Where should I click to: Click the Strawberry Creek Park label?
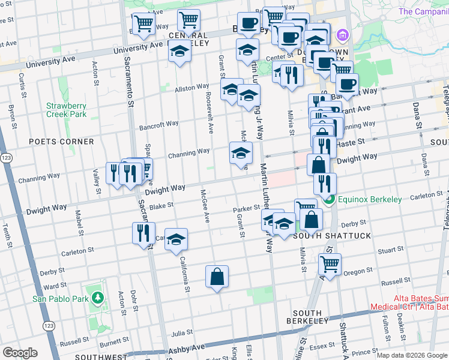[x=67, y=110]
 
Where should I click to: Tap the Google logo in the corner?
[x=20, y=353]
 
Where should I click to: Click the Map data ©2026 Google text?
[x=412, y=355]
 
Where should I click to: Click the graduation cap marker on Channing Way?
[x=241, y=154]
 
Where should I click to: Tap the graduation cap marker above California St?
[x=176, y=239]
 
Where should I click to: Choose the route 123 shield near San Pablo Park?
[x=49, y=326]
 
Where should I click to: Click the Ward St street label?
[x=55, y=287]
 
